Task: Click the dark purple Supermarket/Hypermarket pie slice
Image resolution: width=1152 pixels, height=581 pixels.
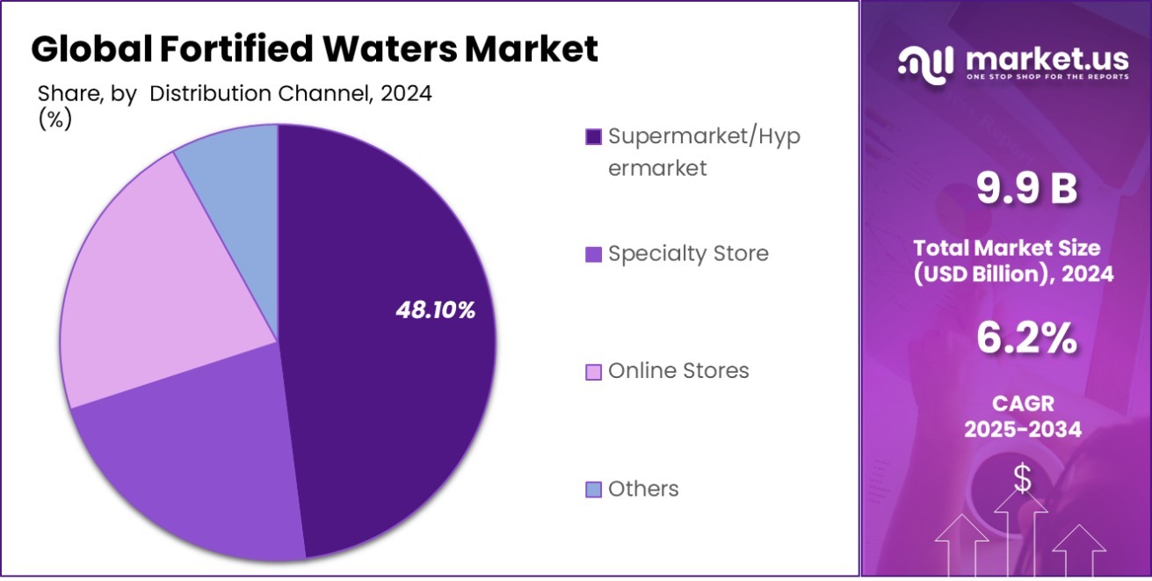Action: coord(387,352)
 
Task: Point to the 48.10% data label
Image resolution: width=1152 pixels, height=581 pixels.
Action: coord(435,309)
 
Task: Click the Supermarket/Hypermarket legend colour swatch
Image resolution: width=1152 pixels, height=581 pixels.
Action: coord(593,137)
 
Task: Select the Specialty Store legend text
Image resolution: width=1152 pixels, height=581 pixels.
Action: coord(688,254)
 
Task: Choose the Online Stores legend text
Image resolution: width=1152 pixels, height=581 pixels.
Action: coord(678,371)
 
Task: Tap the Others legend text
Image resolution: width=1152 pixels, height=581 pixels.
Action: coord(643,489)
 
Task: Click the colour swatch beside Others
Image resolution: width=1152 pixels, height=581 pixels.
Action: coord(593,490)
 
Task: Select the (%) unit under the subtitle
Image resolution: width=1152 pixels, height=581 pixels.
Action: coord(54,120)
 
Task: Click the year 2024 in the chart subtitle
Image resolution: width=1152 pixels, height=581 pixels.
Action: coord(405,94)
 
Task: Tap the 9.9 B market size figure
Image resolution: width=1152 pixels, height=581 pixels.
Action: coord(1025,189)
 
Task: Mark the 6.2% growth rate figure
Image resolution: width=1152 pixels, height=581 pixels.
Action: coord(1025,338)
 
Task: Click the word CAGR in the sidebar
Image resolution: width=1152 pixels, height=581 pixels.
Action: coord(1022,403)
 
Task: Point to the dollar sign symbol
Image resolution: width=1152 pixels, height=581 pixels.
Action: coord(1022,478)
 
